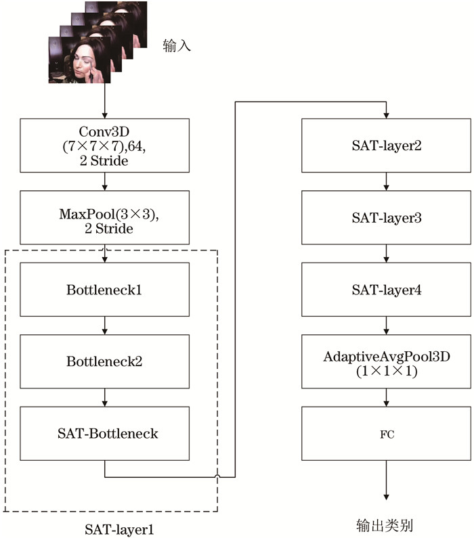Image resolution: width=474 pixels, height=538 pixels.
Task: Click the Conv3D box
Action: [105, 145]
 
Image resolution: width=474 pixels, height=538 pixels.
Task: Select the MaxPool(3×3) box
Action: [105, 217]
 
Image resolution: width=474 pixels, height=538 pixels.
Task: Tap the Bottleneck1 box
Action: [105, 290]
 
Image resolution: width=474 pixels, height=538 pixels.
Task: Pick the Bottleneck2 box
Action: [105, 361]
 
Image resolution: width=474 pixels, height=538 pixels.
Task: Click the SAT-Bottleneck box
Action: [105, 434]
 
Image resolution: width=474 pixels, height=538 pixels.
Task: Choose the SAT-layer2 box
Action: [386, 145]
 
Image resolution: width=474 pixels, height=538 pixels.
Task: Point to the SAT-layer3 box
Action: [386, 217]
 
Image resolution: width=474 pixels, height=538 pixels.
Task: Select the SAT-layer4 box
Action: [386, 290]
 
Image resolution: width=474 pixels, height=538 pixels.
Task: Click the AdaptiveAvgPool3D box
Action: [386, 361]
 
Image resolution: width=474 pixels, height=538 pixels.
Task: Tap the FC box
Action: [386, 434]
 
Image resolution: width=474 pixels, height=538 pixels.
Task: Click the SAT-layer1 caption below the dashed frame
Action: [119, 529]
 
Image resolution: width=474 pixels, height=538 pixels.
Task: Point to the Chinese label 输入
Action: [177, 45]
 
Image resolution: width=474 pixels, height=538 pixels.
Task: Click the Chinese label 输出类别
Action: [385, 525]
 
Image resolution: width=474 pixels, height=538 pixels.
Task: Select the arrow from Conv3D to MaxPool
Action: [105, 181]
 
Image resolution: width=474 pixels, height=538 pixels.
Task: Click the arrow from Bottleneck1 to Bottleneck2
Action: [105, 326]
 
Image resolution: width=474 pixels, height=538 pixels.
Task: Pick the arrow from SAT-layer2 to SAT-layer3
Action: [386, 181]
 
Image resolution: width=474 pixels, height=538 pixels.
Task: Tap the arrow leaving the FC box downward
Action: [386, 480]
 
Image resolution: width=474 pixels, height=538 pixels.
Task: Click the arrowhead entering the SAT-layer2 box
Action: [386, 116]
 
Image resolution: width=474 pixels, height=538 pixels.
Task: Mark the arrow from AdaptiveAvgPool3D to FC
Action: [386, 398]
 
